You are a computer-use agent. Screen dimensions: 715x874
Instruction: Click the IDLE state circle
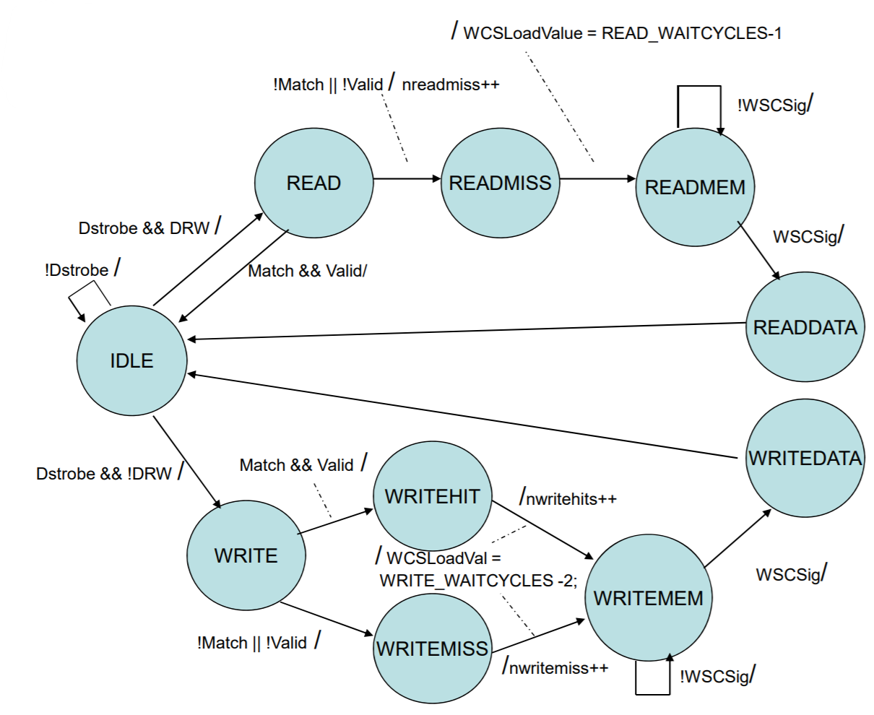pyautogui.click(x=132, y=360)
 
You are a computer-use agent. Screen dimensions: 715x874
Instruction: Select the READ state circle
pyautogui.click(x=313, y=183)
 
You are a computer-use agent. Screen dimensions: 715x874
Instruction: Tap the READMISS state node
pyautogui.click(x=501, y=183)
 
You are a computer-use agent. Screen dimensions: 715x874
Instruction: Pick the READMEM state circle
pyautogui.click(x=695, y=188)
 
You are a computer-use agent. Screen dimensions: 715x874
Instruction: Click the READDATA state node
pyautogui.click(x=805, y=328)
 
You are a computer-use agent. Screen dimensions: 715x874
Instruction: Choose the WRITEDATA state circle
pyautogui.click(x=805, y=458)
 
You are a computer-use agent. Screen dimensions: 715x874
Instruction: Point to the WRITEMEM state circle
pyautogui.click(x=648, y=598)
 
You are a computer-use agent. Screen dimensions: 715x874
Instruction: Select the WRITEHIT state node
pyautogui.click(x=432, y=497)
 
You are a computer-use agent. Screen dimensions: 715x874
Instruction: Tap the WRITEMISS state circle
pyautogui.click(x=432, y=648)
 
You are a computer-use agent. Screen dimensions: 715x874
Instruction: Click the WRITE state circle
pyautogui.click(x=246, y=555)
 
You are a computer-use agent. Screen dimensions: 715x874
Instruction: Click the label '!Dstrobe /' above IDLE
pyautogui.click(x=82, y=270)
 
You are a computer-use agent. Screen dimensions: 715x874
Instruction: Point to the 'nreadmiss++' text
pyautogui.click(x=451, y=84)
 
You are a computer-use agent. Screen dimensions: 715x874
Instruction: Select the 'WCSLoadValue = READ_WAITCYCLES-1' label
pyautogui.click(x=622, y=33)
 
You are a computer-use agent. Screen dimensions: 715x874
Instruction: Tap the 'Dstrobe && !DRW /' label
pyautogui.click(x=108, y=473)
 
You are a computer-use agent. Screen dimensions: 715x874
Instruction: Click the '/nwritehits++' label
pyautogui.click(x=568, y=498)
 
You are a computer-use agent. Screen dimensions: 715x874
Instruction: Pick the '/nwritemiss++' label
pyautogui.click(x=555, y=667)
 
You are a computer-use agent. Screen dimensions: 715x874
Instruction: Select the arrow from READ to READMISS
pyautogui.click(x=407, y=178)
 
